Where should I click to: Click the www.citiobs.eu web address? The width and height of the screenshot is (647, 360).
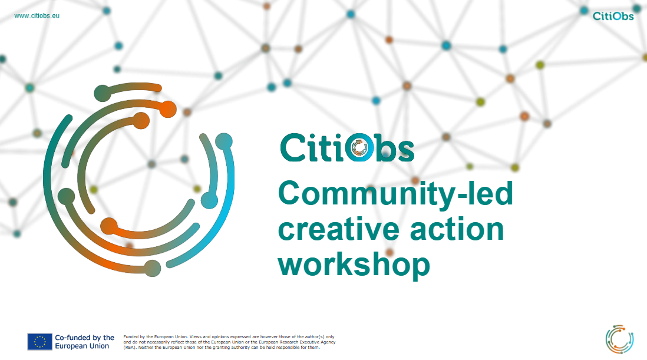pos(37,16)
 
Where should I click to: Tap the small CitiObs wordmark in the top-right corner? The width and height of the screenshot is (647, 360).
pos(613,16)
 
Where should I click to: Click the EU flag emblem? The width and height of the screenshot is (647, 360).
pos(39,342)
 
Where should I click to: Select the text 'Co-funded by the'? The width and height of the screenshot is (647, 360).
pos(85,338)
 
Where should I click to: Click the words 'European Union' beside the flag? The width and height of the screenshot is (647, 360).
pos(82,346)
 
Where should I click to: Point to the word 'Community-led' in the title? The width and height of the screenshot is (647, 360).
pos(395,193)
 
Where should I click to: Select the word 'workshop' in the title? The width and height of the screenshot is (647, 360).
pos(354,265)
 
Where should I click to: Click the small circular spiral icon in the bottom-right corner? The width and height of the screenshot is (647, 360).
pos(619,339)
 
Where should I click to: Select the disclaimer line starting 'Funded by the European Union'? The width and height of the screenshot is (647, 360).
pos(229,337)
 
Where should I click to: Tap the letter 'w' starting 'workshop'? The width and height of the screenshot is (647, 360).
pos(291,266)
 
